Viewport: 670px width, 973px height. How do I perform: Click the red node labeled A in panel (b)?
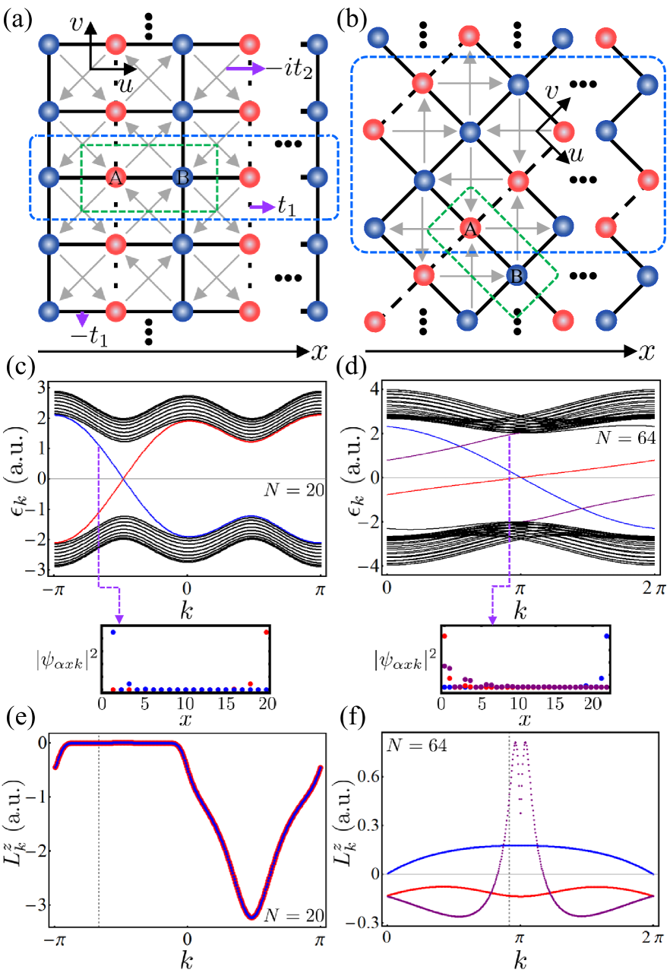click(x=469, y=228)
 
